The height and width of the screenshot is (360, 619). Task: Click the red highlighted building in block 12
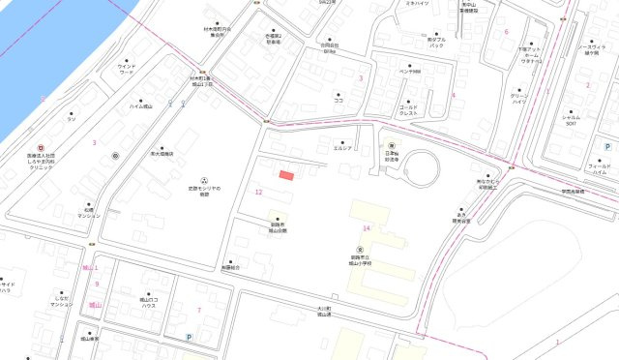[x=285, y=175]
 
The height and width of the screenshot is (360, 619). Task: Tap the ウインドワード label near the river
[x=127, y=69]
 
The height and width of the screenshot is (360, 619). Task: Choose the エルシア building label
[x=342, y=148]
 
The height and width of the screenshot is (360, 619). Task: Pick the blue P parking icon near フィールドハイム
[x=607, y=146]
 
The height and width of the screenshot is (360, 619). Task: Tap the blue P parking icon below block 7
[x=189, y=337]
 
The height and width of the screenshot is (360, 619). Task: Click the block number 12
[x=258, y=192]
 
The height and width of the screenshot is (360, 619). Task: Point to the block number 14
[x=366, y=227]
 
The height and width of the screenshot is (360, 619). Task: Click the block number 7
[x=198, y=310]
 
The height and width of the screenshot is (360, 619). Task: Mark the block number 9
[x=97, y=283]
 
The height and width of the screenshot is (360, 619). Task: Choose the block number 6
[x=506, y=31]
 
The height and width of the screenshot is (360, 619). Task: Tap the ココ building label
[x=339, y=100]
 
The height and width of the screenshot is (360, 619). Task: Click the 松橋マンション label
[x=89, y=212]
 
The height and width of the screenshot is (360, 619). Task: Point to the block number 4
[x=453, y=95]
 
